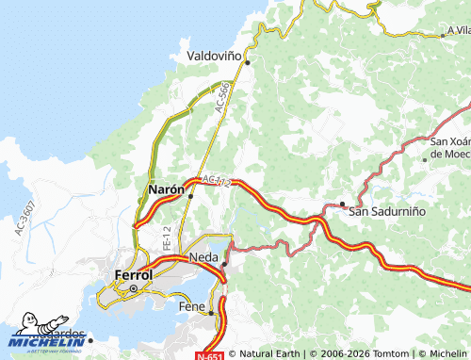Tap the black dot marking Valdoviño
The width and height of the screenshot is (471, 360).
(x=248, y=63)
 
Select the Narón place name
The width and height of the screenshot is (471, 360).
(x=167, y=189)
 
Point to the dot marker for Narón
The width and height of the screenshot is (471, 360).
(x=190, y=196)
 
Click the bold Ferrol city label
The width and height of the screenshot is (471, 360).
(x=133, y=275)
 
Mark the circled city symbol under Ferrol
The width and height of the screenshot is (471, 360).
(x=134, y=288)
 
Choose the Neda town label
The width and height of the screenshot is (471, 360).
(x=203, y=256)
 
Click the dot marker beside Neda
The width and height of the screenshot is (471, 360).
(x=224, y=264)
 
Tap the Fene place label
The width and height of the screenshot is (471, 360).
(x=191, y=307)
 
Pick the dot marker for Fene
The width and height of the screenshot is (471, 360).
(x=211, y=313)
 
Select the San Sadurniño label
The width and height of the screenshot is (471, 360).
(x=387, y=211)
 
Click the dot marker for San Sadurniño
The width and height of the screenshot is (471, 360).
(x=342, y=204)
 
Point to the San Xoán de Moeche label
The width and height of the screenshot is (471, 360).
(x=449, y=147)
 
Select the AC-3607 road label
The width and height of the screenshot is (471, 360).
(x=24, y=218)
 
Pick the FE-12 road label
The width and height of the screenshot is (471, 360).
(x=166, y=237)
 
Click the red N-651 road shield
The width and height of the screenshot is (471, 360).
(x=210, y=355)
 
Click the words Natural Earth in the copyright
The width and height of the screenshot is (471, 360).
(x=268, y=354)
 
